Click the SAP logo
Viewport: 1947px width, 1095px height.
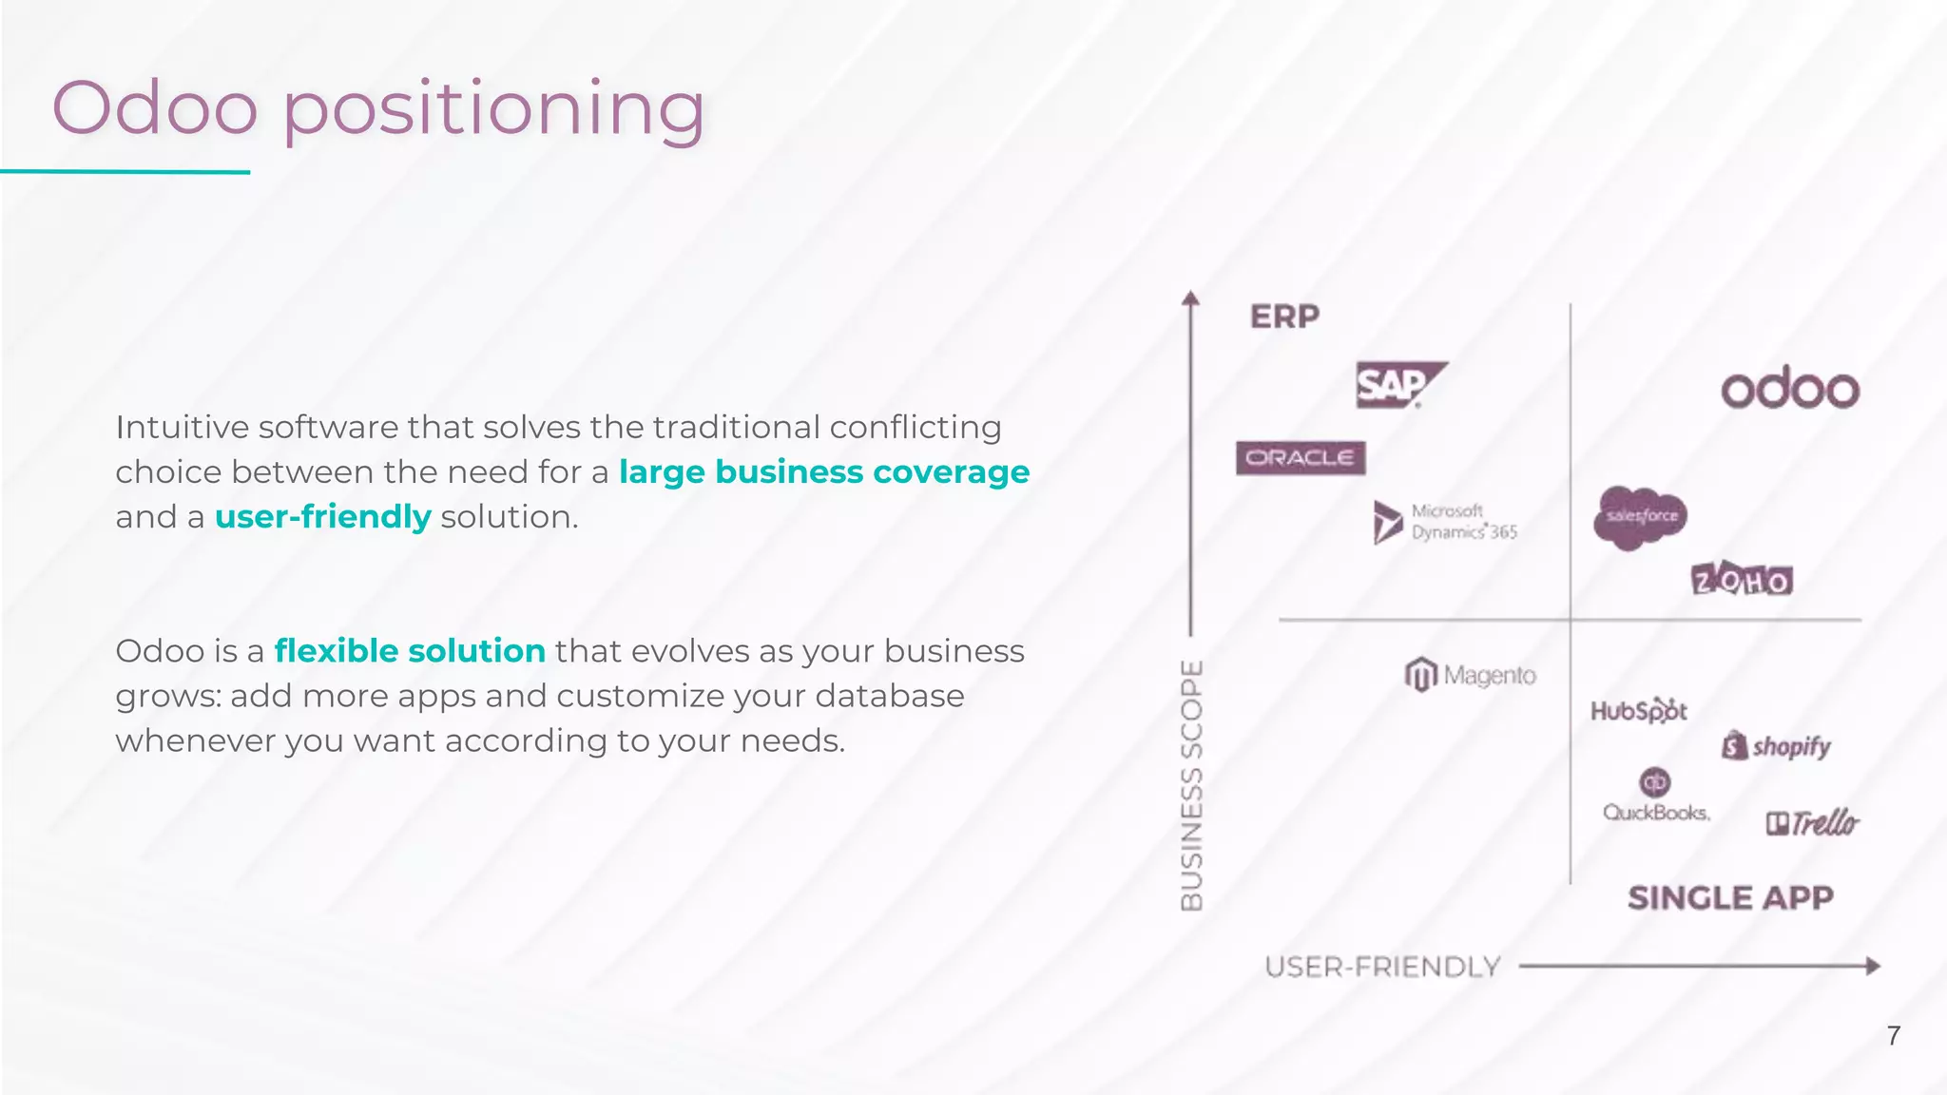(1398, 385)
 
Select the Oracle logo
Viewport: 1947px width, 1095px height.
(1300, 458)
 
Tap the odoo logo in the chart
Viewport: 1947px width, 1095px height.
(1789, 389)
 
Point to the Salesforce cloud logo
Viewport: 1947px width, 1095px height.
(1640, 516)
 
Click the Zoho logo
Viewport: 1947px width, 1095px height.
(1742, 580)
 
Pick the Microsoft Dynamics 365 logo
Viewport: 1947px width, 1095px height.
(1445, 522)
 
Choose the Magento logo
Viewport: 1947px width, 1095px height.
(1470, 675)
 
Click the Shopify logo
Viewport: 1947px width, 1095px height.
(1776, 746)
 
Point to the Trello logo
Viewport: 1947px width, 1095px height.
(1812, 822)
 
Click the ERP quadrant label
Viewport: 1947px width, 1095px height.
(1284, 317)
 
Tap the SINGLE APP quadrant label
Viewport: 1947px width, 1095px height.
(1729, 897)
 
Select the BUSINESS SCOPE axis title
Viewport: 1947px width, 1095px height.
(1191, 785)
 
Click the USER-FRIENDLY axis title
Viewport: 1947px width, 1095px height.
(1382, 967)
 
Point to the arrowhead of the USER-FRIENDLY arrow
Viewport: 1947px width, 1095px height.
(1872, 967)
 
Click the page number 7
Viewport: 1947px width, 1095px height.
(1893, 1035)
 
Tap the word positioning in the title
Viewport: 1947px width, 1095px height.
(493, 109)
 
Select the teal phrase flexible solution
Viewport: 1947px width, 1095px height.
(410, 651)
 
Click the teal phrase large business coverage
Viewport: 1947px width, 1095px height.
(823, 472)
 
